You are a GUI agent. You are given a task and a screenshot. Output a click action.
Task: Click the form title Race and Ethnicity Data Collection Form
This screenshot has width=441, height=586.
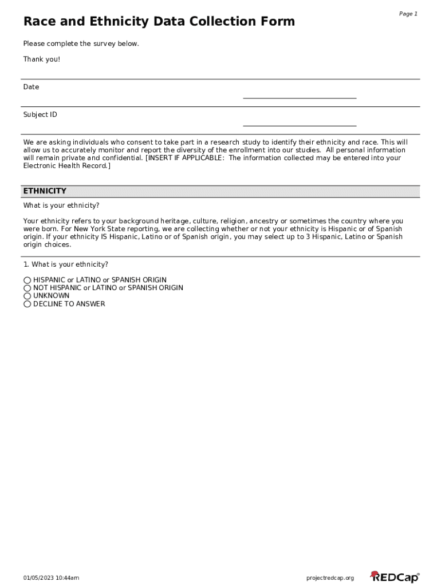pos(159,22)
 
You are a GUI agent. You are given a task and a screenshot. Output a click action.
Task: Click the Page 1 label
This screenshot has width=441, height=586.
pos(408,14)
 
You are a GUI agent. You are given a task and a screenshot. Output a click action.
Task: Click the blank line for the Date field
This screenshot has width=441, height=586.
pos(300,94)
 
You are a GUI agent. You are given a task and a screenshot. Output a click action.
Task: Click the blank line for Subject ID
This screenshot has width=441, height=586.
pos(300,122)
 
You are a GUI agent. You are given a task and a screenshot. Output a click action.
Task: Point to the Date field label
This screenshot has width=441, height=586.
pos(31,87)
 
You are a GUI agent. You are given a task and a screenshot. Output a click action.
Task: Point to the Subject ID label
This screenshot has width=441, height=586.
pos(40,114)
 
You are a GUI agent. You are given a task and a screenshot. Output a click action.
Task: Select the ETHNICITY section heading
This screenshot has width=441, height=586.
pos(45,191)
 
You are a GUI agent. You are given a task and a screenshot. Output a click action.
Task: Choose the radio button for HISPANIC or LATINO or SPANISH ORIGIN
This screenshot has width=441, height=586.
pos(27,280)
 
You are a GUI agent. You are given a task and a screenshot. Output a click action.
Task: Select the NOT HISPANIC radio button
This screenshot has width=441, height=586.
pos(27,288)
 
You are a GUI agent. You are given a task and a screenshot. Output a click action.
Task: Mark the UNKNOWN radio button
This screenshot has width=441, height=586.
pos(27,296)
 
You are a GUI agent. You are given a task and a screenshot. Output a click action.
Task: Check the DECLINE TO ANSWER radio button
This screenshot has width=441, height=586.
pos(27,304)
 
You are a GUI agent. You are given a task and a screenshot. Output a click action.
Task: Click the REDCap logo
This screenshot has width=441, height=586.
pos(395,577)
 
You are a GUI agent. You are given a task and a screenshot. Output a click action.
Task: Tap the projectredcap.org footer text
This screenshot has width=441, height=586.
pos(330,578)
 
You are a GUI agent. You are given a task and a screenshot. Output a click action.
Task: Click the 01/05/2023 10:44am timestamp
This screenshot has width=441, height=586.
pos(51,578)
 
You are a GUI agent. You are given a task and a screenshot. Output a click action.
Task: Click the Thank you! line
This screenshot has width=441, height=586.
pos(41,60)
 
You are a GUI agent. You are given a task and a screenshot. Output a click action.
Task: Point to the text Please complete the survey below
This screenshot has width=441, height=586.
pos(81,44)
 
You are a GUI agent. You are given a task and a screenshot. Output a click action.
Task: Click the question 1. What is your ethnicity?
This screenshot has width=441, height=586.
pos(65,264)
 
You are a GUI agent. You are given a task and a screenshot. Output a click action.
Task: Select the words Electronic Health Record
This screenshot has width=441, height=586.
pos(65,166)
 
